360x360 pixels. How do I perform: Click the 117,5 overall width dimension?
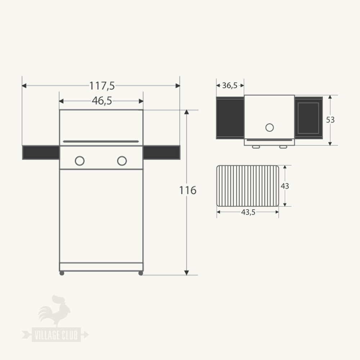point(102,86)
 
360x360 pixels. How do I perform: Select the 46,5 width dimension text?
point(102,101)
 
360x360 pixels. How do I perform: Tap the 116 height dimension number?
point(188,190)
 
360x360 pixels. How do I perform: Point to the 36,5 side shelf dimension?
point(230,85)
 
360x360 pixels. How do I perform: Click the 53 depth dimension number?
point(330,120)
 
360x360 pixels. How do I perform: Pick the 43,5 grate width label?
point(248,212)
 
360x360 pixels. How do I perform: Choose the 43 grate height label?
point(285,186)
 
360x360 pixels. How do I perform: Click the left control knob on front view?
point(80,161)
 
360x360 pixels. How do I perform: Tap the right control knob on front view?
point(122,161)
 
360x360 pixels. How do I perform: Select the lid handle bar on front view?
point(101,141)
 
